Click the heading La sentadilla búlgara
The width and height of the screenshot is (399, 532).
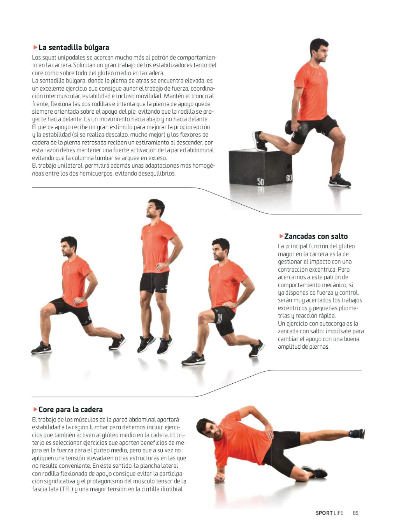point(74,47)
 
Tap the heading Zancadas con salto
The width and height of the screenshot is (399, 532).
point(316,236)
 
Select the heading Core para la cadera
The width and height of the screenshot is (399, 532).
point(70,409)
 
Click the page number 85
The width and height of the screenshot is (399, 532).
point(355,513)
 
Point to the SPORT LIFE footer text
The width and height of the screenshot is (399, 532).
point(329,513)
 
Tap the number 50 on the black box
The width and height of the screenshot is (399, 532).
point(260,182)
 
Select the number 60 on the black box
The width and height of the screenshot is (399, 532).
point(289,178)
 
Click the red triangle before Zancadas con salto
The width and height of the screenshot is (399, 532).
point(281,236)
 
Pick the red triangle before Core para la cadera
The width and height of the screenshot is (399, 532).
point(35,409)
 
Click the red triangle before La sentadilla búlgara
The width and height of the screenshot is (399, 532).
point(35,47)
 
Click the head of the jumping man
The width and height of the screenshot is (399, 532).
point(156,209)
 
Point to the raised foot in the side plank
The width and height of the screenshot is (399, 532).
point(357,434)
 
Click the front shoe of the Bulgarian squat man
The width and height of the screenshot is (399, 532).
point(339,181)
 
